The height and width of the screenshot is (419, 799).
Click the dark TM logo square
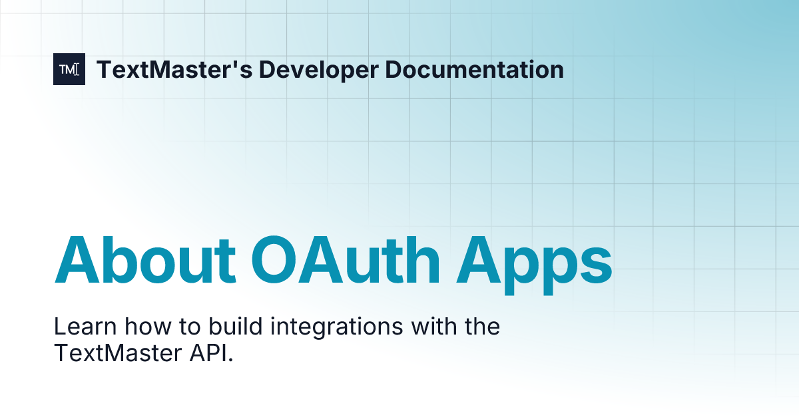click(x=69, y=69)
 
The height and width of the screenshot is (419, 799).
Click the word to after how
click(x=172, y=327)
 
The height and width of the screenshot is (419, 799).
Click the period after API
click(x=231, y=360)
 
